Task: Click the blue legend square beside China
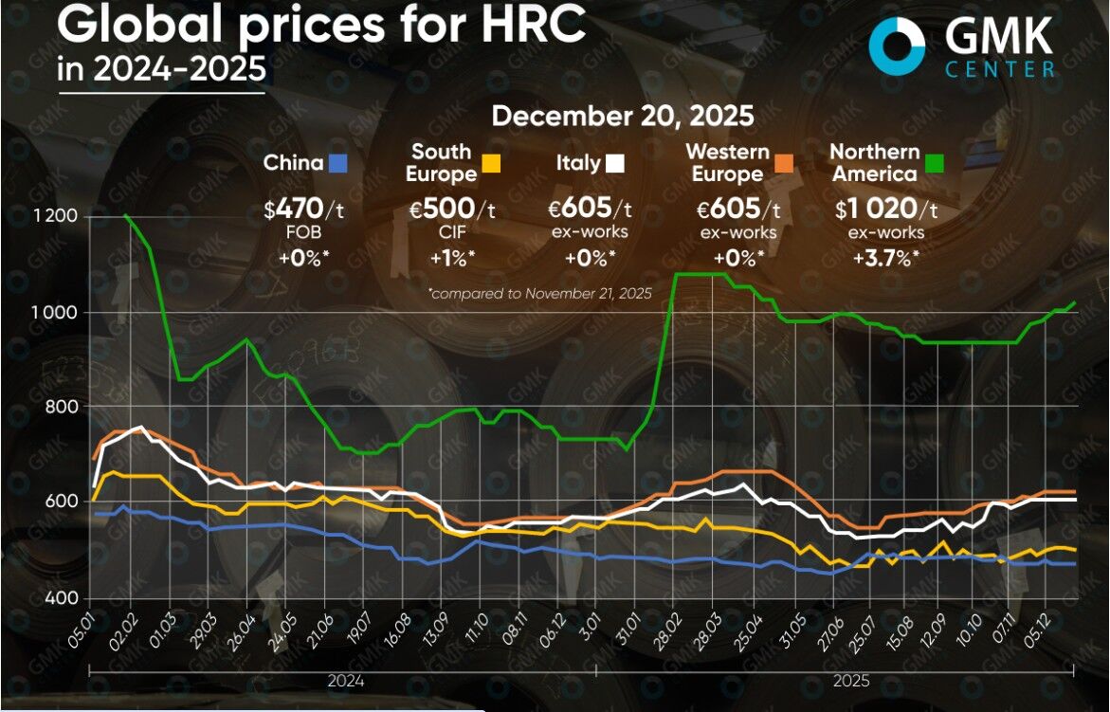coord(337,163)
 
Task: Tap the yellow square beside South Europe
coord(490,163)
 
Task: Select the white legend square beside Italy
coord(614,163)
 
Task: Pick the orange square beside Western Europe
coord(782,163)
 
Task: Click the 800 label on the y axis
coord(64,407)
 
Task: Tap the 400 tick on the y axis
coord(64,598)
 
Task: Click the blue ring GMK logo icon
coord(896,46)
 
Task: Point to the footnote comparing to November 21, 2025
coord(540,294)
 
